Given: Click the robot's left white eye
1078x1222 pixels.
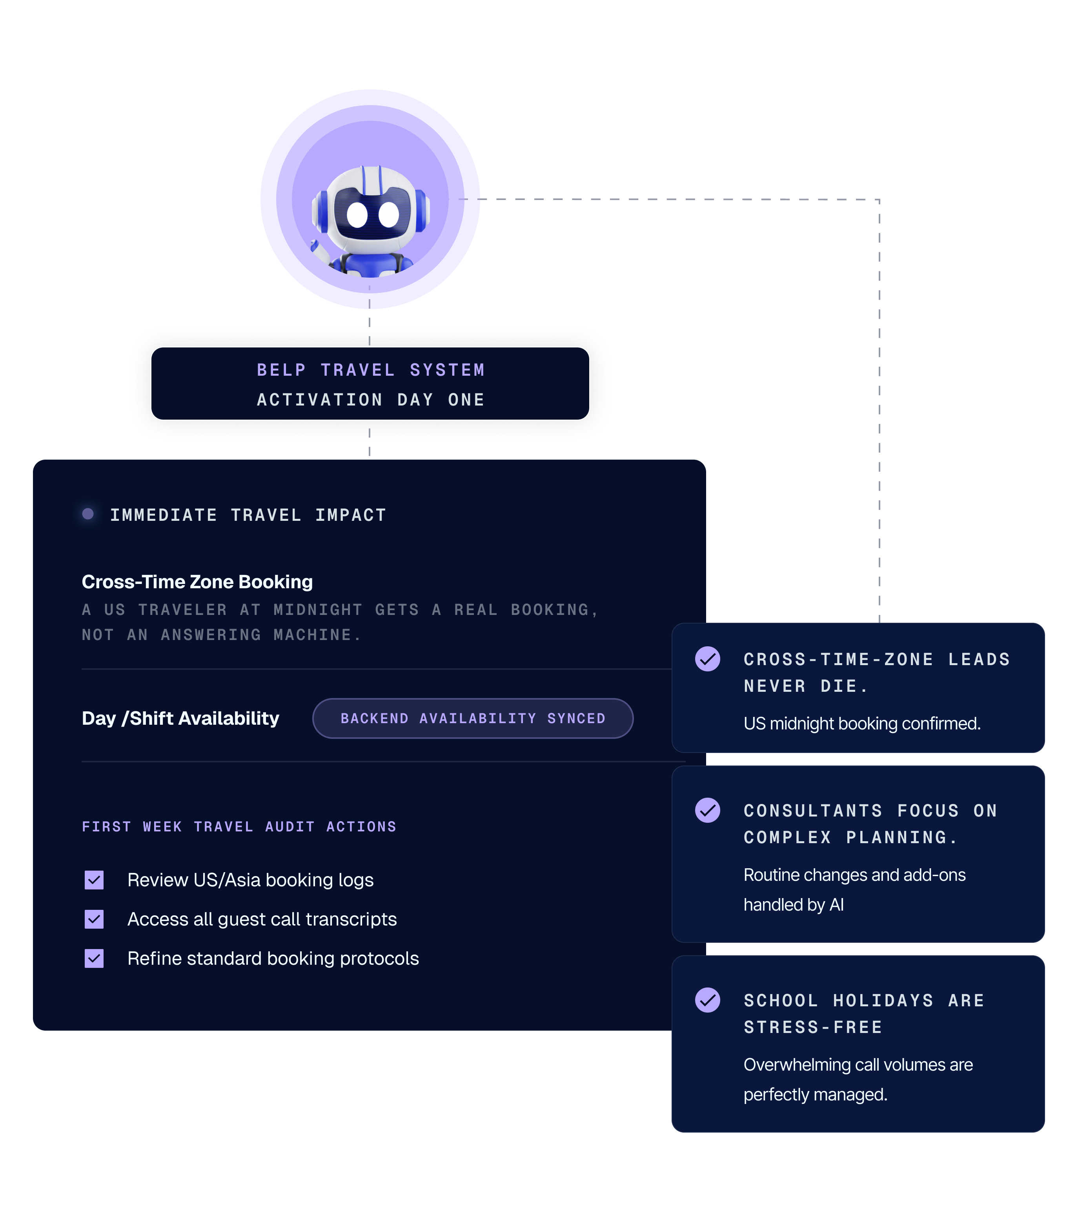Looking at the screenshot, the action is point(357,215).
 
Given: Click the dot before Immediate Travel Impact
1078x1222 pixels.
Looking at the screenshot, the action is point(88,514).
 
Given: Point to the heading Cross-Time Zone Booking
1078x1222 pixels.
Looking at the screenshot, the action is point(197,582).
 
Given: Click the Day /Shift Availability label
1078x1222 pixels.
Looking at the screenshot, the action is point(180,718).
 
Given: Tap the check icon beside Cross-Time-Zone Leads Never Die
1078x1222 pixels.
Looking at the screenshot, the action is point(707,659).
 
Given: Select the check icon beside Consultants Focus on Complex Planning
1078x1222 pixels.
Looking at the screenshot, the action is point(707,810).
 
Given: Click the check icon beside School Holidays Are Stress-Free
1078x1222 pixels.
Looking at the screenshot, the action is point(707,1000).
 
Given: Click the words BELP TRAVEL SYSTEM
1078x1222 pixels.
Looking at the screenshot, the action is point(371,370).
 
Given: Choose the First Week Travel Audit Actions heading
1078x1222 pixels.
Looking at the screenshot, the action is point(239,827).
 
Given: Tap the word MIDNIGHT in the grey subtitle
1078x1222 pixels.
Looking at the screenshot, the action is point(317,610).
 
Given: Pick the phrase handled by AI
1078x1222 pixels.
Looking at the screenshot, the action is point(794,905).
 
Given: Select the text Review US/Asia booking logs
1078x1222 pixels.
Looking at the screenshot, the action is point(251,880).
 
